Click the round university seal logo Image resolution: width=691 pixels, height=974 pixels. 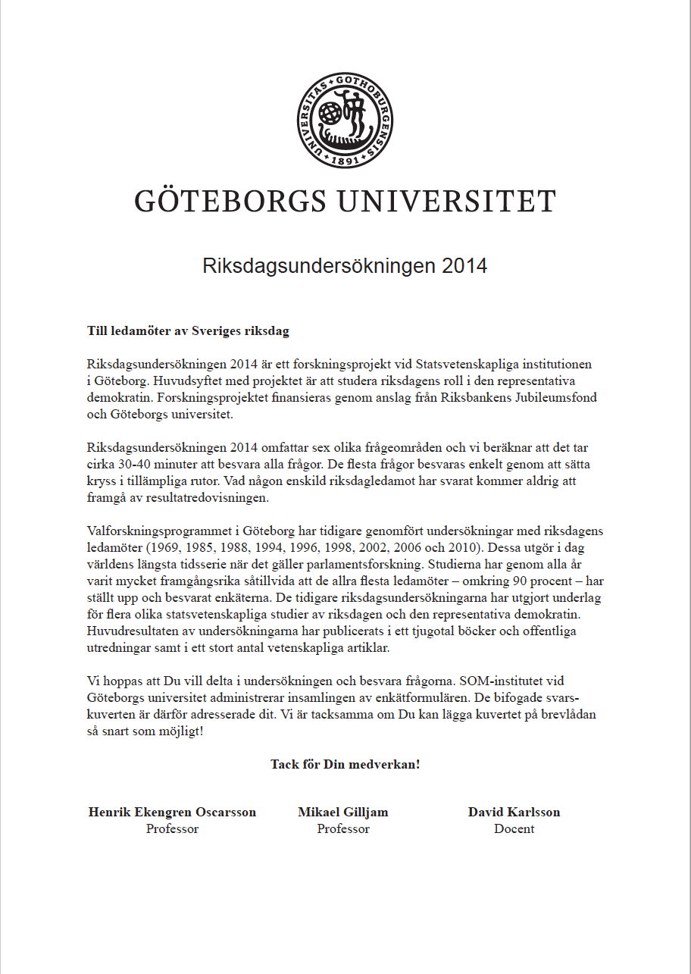pos(345,120)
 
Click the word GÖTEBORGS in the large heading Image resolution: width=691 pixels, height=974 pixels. pos(231,202)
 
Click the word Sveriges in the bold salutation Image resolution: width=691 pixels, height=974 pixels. pos(215,331)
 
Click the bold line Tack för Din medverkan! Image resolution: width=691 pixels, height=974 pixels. pos(345,764)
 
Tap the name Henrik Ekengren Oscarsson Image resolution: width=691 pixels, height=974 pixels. pos(172,812)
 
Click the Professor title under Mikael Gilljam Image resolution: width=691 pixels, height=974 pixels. pos(343,828)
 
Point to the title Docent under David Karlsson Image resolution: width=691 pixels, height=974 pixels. pos(514,828)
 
